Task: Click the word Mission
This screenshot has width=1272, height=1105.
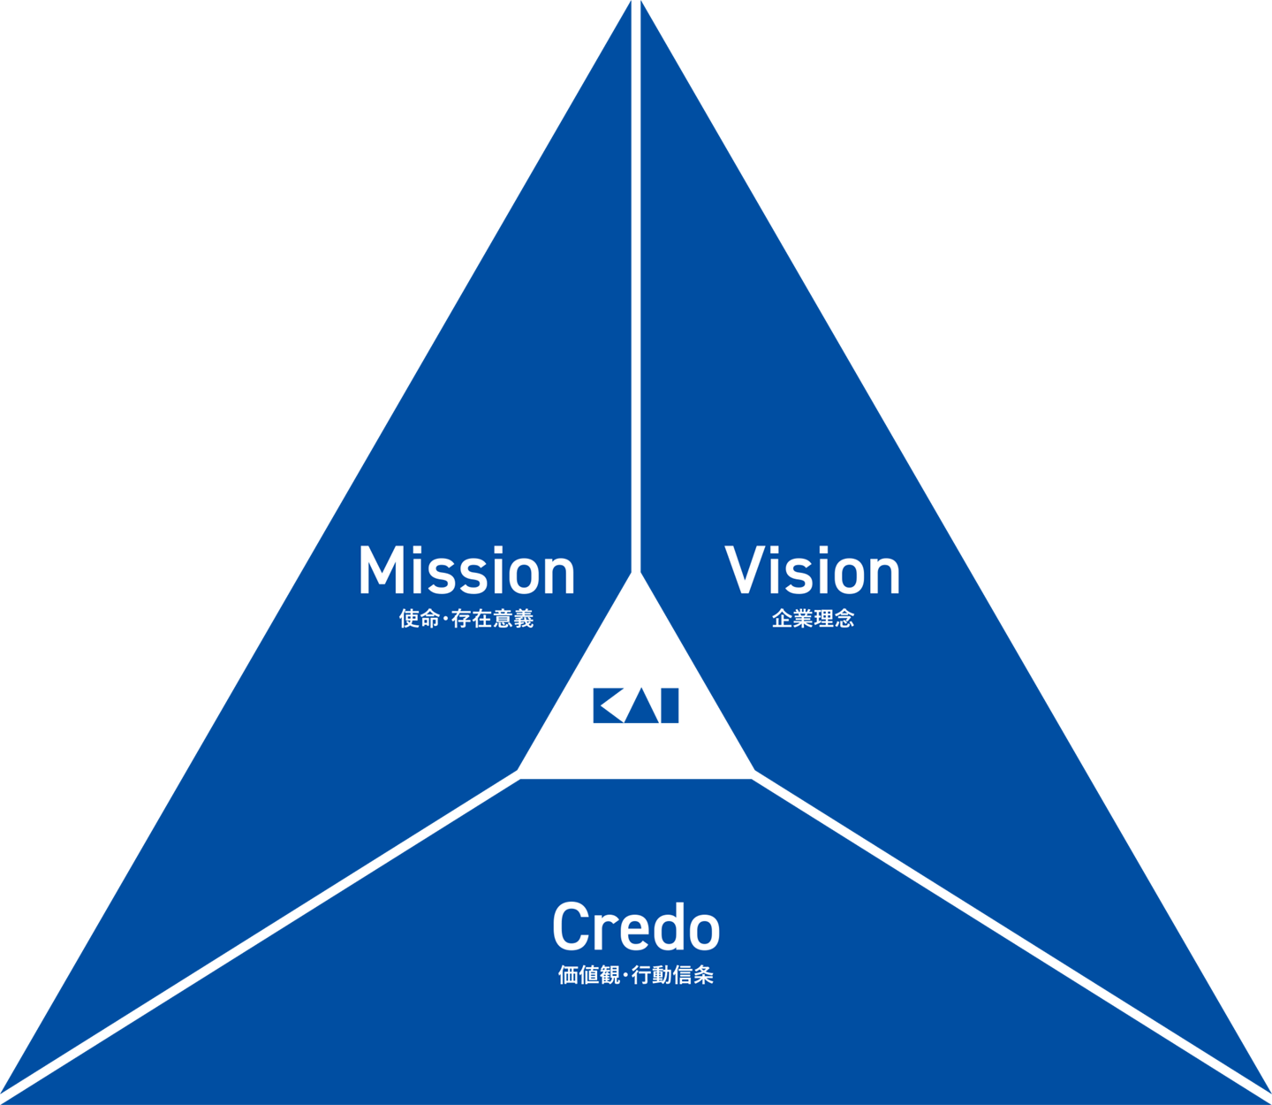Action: [x=466, y=570]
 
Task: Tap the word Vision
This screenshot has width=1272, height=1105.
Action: [x=813, y=570]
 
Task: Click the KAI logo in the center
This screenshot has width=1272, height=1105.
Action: [x=636, y=705]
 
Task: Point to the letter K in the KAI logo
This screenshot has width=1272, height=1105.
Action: [x=608, y=705]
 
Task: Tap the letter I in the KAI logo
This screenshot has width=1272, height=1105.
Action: [x=670, y=705]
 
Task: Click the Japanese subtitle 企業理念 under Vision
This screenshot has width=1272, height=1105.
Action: [x=813, y=619]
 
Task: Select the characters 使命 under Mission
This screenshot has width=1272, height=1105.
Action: [x=419, y=619]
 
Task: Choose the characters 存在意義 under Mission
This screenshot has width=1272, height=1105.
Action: [x=493, y=619]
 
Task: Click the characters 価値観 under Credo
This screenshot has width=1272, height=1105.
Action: [x=588, y=975]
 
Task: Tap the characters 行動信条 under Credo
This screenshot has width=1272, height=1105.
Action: [x=673, y=975]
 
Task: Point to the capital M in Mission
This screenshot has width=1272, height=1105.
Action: [x=378, y=570]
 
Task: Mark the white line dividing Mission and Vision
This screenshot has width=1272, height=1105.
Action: [x=636, y=283]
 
